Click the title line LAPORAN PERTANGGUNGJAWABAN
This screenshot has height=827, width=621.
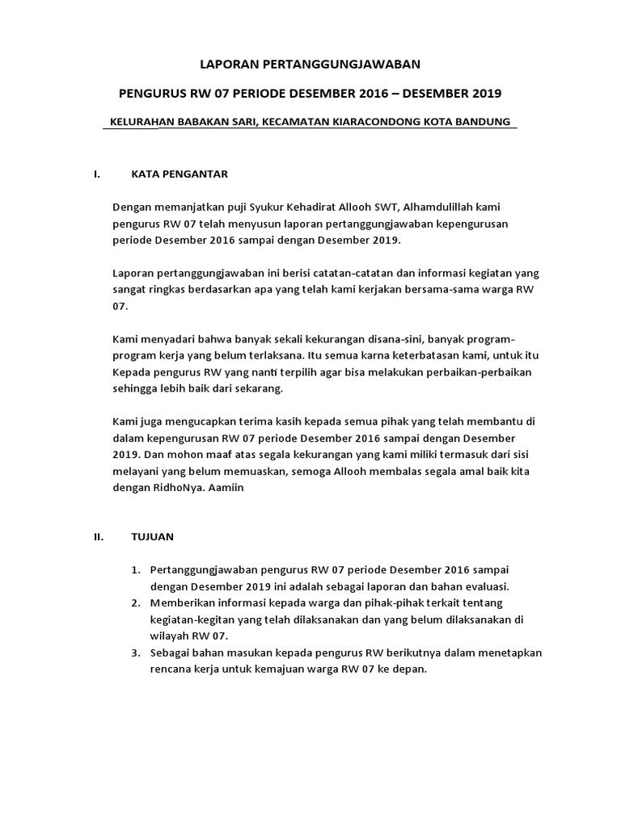(x=310, y=62)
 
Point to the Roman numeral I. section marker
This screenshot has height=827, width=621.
(x=97, y=174)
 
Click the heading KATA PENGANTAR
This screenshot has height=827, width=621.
(x=180, y=174)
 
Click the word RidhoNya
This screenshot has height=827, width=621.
(x=226, y=489)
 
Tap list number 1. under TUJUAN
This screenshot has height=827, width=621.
(x=137, y=570)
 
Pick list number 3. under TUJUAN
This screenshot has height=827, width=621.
(x=137, y=653)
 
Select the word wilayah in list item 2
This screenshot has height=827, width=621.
(x=168, y=636)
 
